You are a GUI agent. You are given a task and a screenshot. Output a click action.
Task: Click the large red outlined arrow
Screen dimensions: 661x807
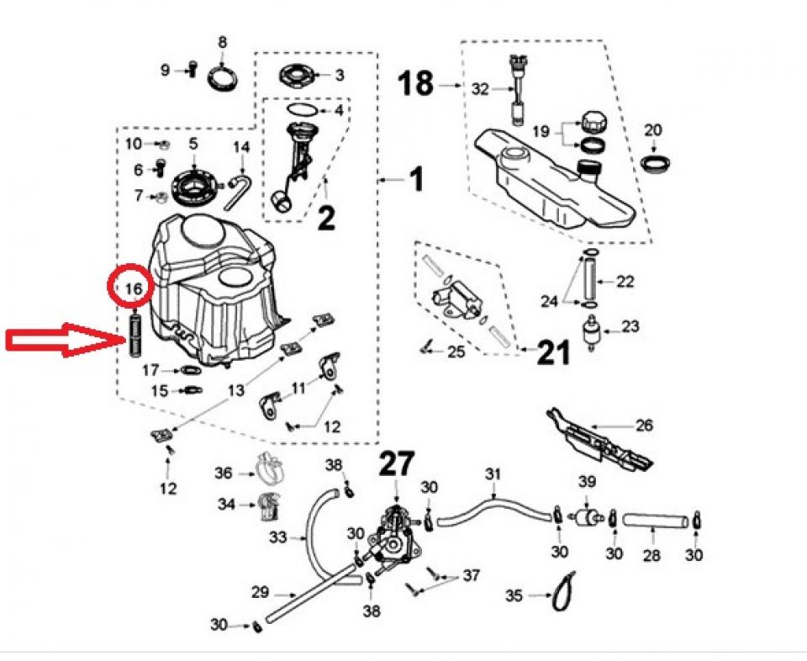pyautogui.click(x=63, y=341)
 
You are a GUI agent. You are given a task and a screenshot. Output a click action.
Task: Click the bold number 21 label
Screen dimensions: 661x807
pyautogui.click(x=553, y=352)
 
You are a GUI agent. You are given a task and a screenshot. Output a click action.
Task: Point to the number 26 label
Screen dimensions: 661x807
pyautogui.click(x=644, y=426)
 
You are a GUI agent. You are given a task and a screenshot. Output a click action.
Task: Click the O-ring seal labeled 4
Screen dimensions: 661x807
pyautogui.click(x=302, y=110)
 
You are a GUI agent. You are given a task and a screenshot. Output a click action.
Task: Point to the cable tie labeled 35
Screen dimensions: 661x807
pyautogui.click(x=563, y=591)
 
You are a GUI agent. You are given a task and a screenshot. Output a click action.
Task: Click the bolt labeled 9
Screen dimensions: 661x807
pyautogui.click(x=193, y=71)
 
